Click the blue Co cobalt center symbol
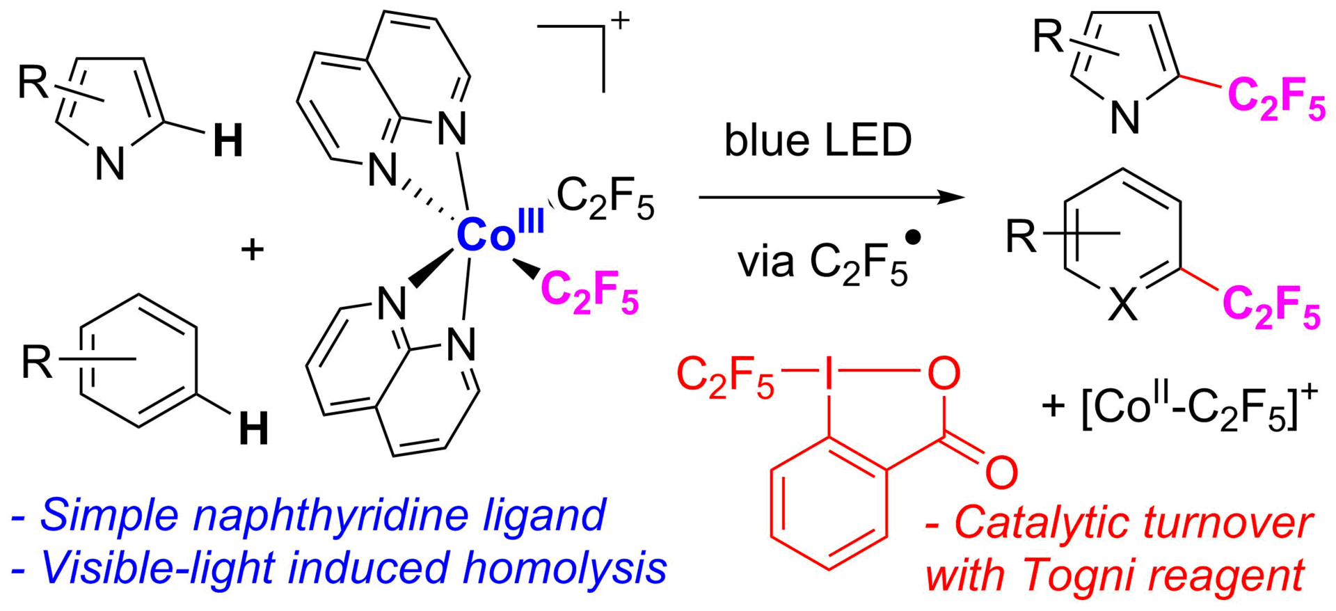click(485, 235)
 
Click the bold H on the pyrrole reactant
click(228, 142)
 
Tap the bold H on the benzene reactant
click(253, 429)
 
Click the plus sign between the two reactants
click(252, 249)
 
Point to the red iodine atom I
click(828, 374)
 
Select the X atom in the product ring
click(1122, 305)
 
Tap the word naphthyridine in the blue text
click(399, 516)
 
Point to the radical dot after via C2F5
click(914, 238)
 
